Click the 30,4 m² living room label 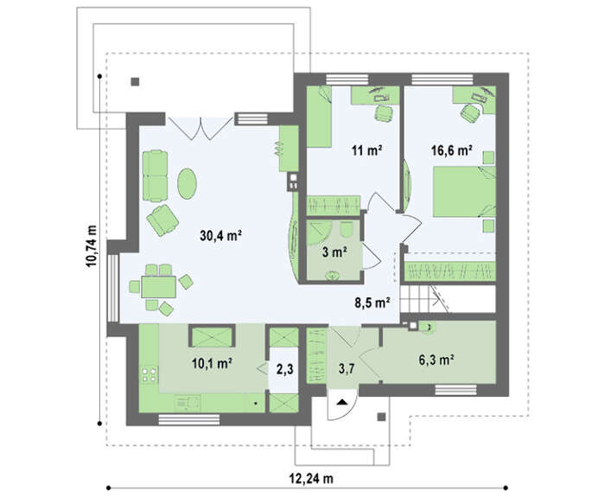pos(220,235)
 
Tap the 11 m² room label pos(367,150)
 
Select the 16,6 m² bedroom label pos(452,150)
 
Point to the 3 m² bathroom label pos(334,252)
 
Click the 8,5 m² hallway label pos(372,303)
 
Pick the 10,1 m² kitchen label pos(212,363)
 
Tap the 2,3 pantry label pos(284,369)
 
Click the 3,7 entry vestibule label pos(347,369)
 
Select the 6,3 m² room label pos(436,360)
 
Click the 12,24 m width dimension pos(311,479)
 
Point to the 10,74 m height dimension pos(92,245)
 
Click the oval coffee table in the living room pos(188,183)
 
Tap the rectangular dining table pos(158,287)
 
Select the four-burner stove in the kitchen pos(150,374)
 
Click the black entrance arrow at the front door pos(341,402)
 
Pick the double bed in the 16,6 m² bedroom pos(464,191)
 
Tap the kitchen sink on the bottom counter pos(188,403)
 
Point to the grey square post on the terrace pos(135,82)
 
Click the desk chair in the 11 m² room pos(384,112)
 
